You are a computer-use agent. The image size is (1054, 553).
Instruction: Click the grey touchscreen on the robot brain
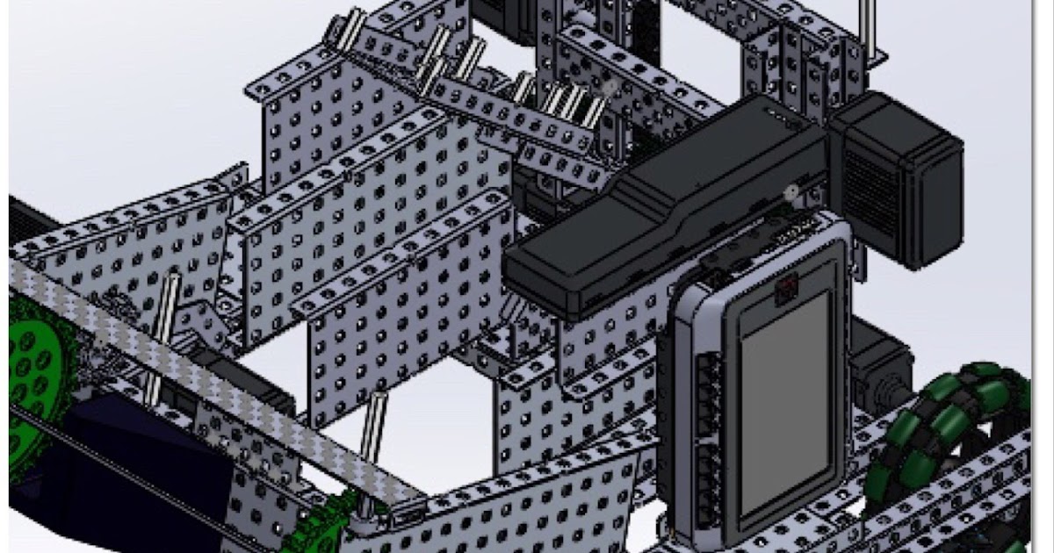pos(784,404)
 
